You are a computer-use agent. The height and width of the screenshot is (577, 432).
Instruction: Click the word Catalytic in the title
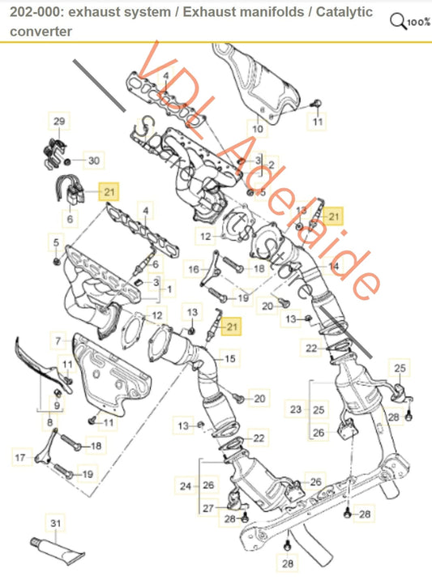[x=339, y=12]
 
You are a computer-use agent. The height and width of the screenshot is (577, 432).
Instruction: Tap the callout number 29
[x=58, y=122]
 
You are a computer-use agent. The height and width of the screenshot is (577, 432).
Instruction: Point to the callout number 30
[x=93, y=161]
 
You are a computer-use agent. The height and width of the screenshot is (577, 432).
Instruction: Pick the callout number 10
[x=257, y=128]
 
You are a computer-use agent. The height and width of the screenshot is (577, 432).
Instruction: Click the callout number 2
[x=272, y=165]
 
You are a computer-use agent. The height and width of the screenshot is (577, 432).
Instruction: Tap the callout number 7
[x=58, y=336]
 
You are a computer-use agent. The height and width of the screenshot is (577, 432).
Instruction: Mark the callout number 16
[x=194, y=269]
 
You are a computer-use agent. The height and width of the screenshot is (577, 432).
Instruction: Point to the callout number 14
[x=334, y=266]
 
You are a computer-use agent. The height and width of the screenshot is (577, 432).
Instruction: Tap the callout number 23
[x=295, y=410]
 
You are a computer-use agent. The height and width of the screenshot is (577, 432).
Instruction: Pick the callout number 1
[x=169, y=288]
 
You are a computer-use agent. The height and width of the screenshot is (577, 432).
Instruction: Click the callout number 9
[x=58, y=404]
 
